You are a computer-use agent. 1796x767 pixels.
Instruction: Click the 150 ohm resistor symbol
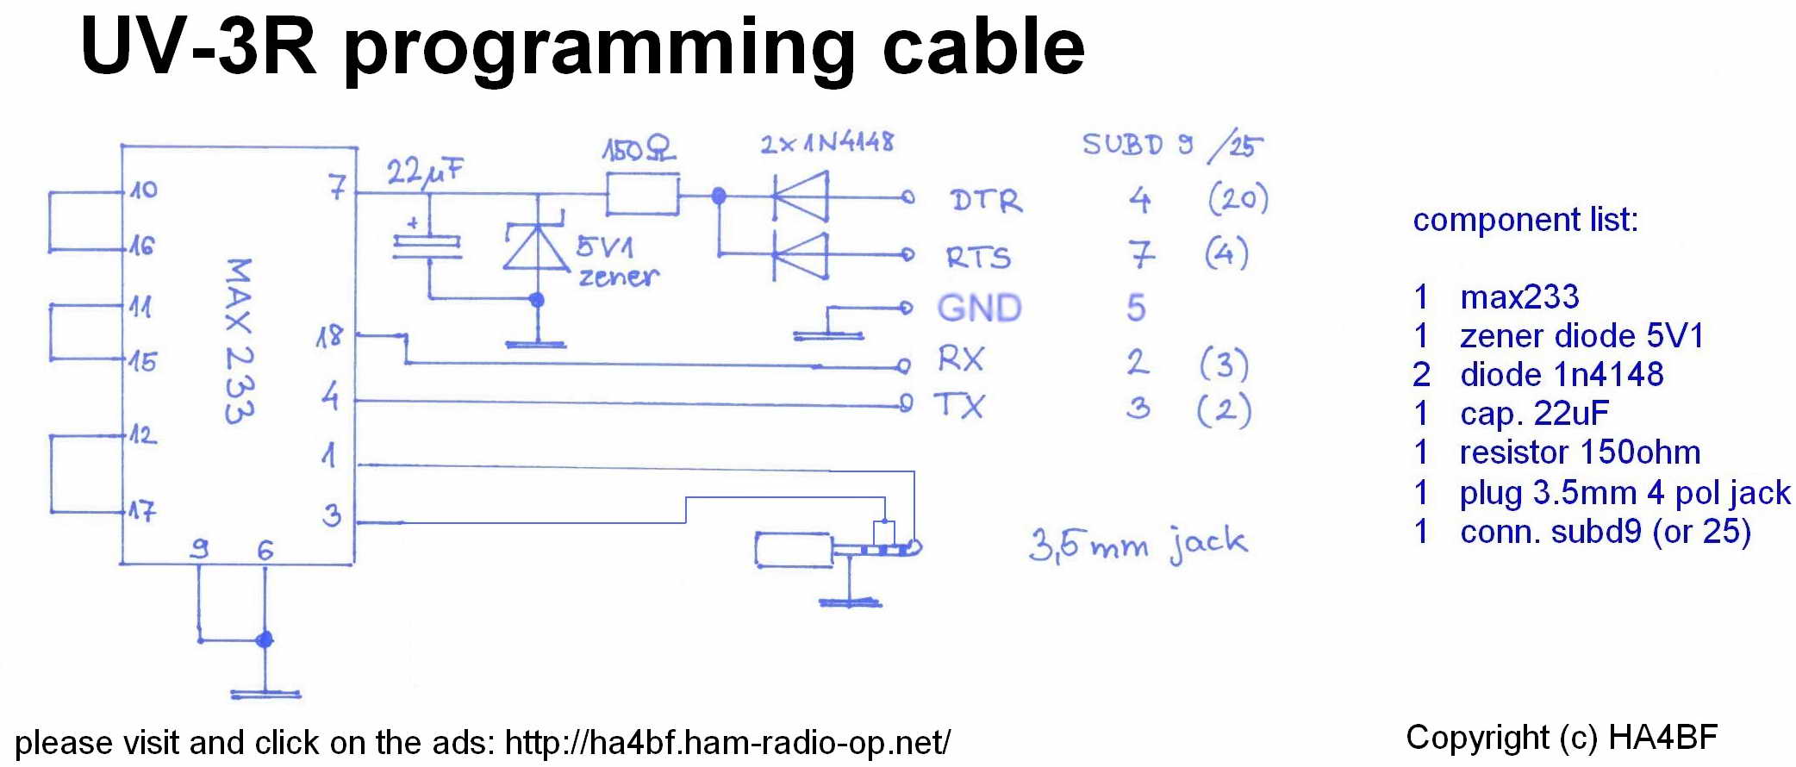click(x=643, y=195)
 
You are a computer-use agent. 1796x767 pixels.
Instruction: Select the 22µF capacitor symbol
click(x=427, y=246)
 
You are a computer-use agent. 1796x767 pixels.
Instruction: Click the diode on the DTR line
click(x=801, y=197)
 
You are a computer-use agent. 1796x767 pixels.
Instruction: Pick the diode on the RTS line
click(x=801, y=255)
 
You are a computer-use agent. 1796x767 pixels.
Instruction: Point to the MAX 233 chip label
click(x=239, y=340)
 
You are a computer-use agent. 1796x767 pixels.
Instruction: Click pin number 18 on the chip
click(x=329, y=336)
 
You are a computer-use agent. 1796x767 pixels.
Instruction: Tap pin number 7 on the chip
click(x=337, y=186)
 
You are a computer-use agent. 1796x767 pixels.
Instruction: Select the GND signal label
click(x=980, y=308)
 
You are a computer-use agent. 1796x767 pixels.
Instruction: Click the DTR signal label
click(x=987, y=201)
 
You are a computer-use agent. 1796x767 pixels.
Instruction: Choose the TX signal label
click(x=959, y=405)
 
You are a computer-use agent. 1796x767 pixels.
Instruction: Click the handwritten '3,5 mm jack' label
click(x=1138, y=545)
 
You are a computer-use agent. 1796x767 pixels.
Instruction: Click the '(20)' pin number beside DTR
click(x=1238, y=198)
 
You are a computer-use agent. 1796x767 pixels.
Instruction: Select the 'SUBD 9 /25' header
click(x=1173, y=146)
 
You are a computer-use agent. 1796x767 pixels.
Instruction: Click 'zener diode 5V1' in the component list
click(x=1582, y=335)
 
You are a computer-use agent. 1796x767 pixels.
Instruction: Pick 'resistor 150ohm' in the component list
click(x=1580, y=452)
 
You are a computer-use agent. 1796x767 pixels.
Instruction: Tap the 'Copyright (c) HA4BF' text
click(x=1562, y=738)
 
